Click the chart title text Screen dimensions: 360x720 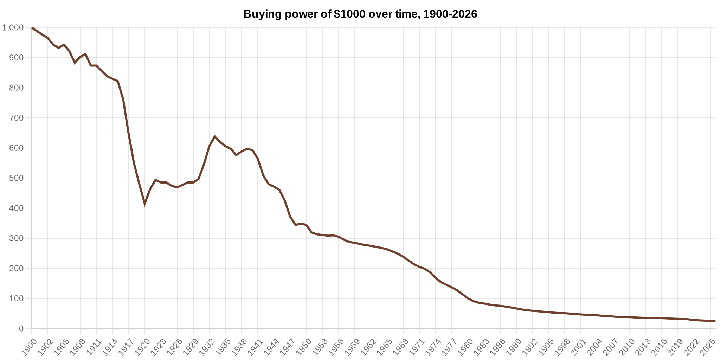tap(360, 14)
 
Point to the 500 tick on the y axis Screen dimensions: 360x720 tap(17, 178)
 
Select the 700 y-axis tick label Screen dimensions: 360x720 tap(17, 118)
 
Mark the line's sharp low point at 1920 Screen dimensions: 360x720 tap(144, 203)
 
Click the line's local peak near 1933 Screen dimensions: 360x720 tap(215, 136)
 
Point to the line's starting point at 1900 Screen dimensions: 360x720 tap(32, 28)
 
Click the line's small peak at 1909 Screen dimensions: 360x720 tap(86, 54)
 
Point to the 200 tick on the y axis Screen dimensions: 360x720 tap(17, 269)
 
